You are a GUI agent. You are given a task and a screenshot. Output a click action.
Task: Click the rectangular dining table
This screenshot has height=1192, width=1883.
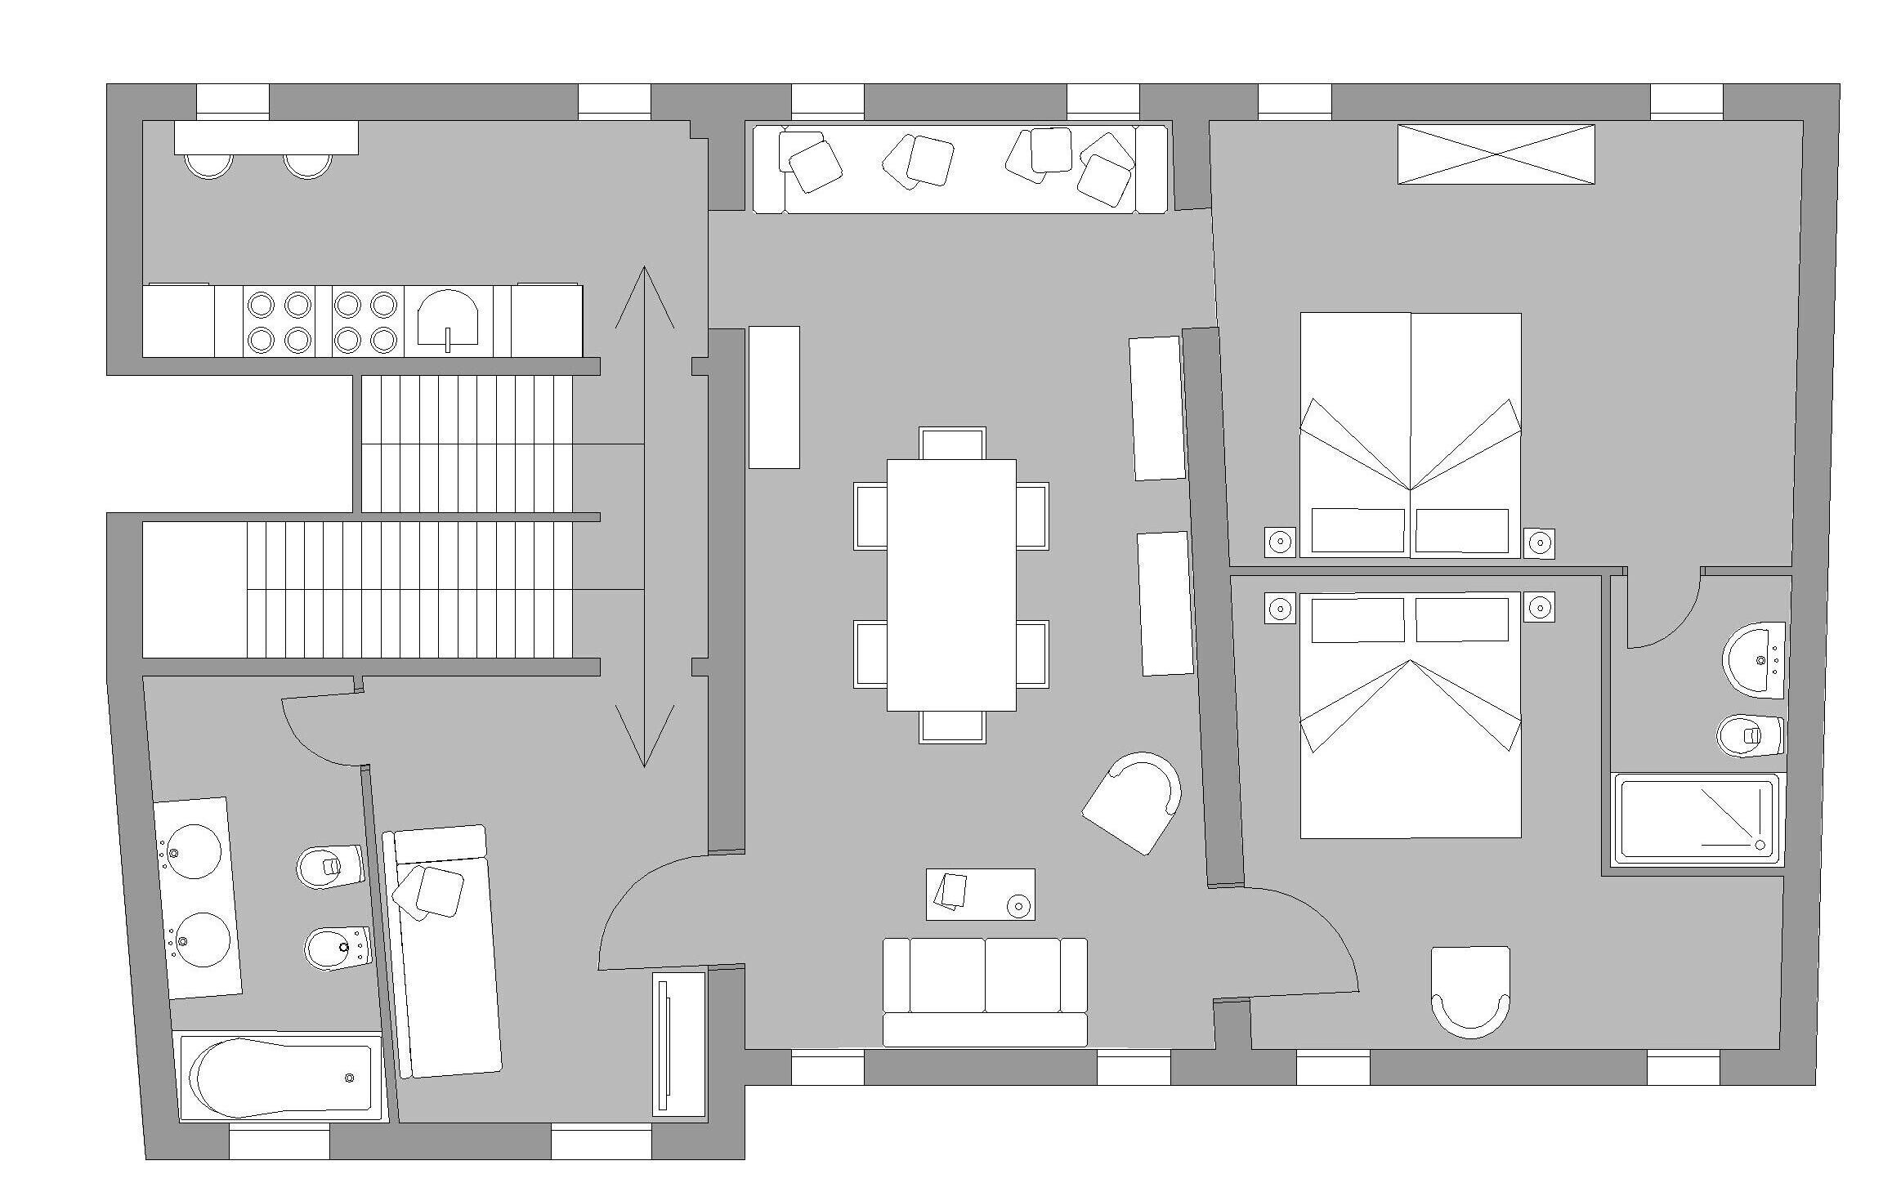coord(951,584)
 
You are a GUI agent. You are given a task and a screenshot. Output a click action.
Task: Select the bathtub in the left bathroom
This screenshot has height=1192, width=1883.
coord(280,1076)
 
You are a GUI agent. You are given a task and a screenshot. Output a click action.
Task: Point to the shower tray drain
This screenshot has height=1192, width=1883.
coord(1760,844)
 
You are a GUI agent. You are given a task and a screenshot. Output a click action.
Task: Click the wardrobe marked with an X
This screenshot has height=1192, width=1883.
coord(1496,154)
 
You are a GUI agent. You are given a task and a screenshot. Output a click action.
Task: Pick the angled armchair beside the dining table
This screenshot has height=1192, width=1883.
coord(1134,802)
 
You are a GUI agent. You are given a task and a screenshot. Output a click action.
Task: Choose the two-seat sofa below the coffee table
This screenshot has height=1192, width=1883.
coord(985,991)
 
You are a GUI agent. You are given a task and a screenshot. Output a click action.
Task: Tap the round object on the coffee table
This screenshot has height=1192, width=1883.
coord(1018,905)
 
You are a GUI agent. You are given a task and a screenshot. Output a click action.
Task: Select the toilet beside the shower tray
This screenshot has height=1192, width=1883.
coord(1750,735)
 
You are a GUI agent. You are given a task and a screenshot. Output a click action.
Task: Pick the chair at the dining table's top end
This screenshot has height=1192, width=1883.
coord(952,443)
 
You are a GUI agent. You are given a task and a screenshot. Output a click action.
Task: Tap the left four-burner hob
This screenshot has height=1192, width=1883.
coord(279,321)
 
